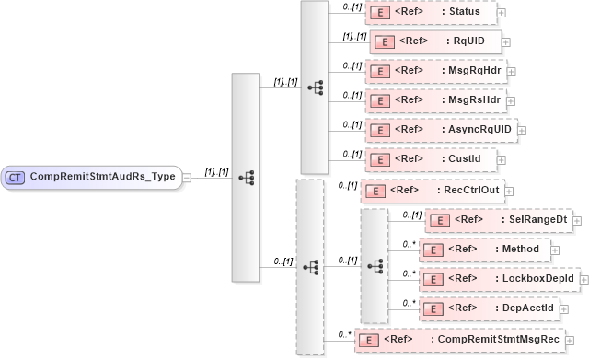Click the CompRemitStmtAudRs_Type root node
point(91,177)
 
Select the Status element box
point(430,12)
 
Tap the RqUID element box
point(435,41)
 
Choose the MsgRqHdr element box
point(435,70)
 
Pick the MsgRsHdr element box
point(435,99)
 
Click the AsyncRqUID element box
point(441,129)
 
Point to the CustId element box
point(431,159)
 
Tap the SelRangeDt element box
point(498,220)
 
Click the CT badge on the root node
point(16,177)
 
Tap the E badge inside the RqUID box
point(384,41)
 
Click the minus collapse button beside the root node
point(187,177)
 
